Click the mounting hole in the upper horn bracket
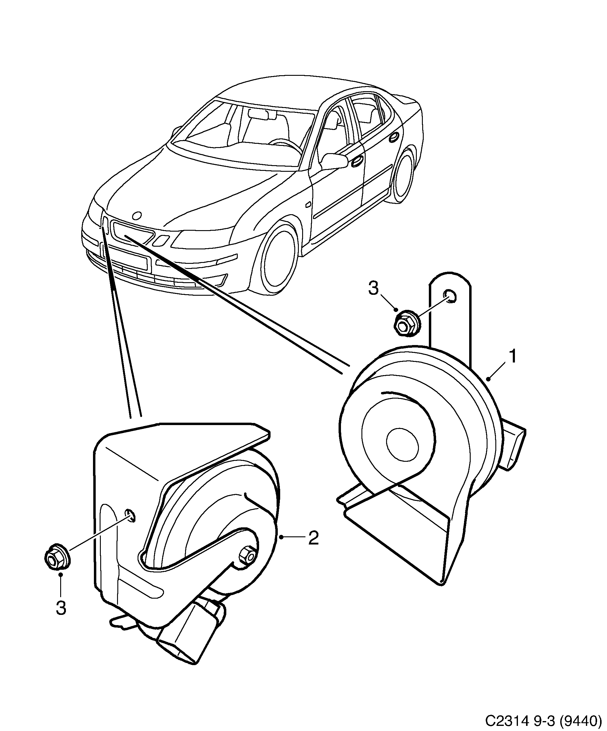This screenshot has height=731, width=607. [449, 295]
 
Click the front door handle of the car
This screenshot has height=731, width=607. [357, 162]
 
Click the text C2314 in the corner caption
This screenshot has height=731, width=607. [503, 720]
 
